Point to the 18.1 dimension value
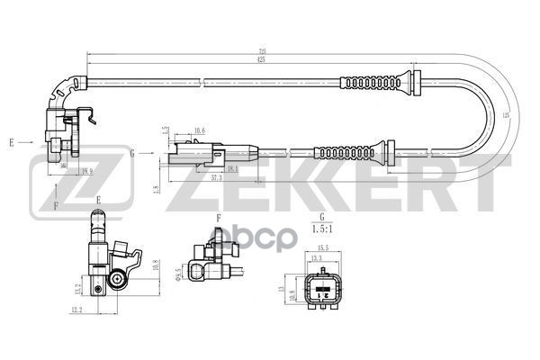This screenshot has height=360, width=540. pos(232,168)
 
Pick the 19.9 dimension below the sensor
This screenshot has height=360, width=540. pos(86,170)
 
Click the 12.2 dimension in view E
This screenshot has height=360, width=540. pos(76,310)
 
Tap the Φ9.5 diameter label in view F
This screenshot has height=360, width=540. pos(180,270)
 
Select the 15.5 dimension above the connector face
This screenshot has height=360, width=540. pos(321,247)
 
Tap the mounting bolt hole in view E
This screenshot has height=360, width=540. pos(119,282)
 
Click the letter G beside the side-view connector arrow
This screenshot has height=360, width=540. pos(132,153)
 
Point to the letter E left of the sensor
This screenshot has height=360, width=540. pos(13,142)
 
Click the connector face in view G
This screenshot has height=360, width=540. pos(320,290)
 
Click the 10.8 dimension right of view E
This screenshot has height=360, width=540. pos(157,266)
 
